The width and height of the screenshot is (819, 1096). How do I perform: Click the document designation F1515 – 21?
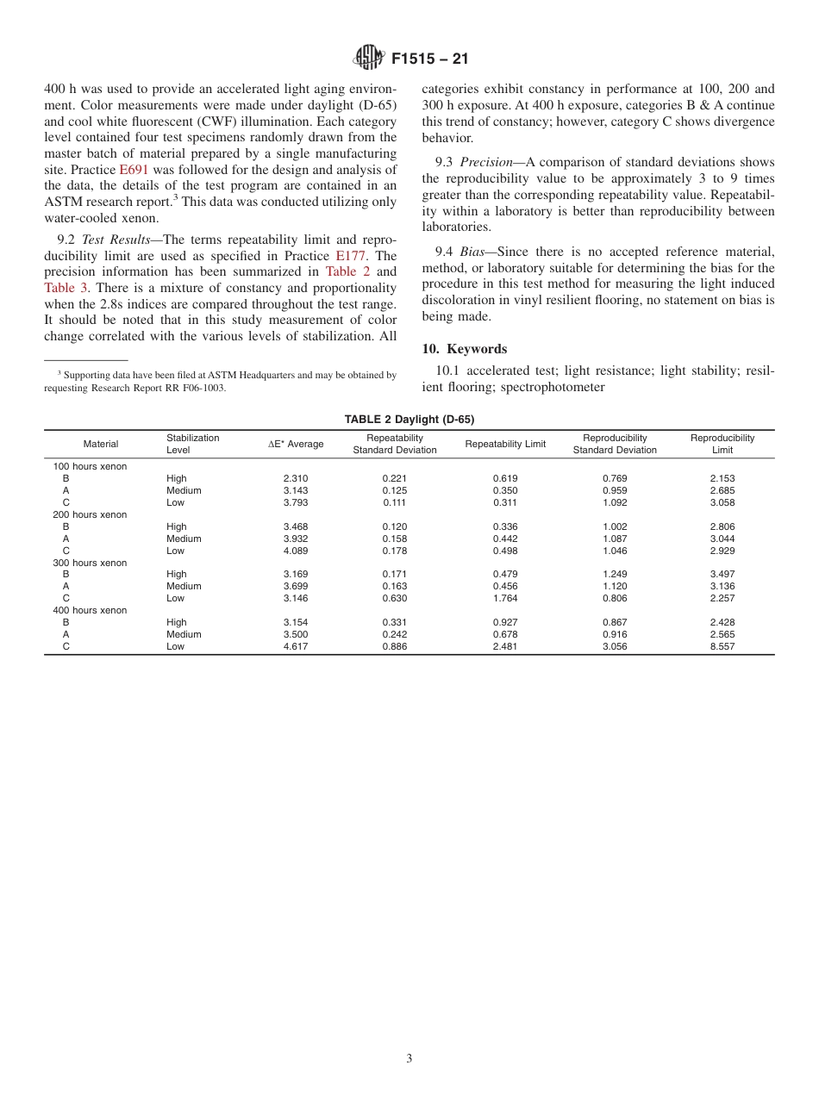tap(429, 59)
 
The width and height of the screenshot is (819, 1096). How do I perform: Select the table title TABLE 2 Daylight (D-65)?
tap(409, 420)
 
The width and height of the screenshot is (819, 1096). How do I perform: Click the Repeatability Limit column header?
tap(505, 444)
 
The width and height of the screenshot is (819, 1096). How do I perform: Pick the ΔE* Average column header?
tap(296, 444)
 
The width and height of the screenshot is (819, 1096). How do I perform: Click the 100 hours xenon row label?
tap(90, 466)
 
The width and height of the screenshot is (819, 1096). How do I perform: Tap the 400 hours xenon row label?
tap(90, 610)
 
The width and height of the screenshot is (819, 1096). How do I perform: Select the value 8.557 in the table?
tap(722, 646)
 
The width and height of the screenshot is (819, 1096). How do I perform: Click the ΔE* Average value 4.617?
tap(296, 646)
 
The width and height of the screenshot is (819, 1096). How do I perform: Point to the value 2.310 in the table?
tap(296, 478)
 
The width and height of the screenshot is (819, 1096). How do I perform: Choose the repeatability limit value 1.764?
tap(505, 598)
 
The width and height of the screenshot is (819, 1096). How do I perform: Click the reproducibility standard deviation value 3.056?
tap(615, 646)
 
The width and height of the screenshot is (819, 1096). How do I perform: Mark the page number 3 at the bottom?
tap(409, 1059)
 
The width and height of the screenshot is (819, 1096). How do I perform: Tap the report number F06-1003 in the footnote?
tap(204, 388)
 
